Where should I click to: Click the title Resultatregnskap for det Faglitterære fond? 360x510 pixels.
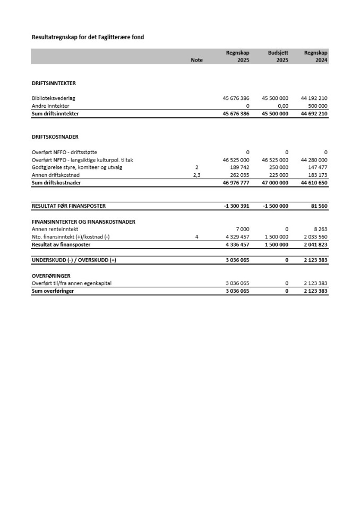click(88, 37)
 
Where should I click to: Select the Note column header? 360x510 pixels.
click(196, 61)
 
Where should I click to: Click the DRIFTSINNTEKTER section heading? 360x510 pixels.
click(54, 83)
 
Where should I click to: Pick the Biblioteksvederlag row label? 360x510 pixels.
click(57, 98)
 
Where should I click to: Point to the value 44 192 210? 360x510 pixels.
click(314, 98)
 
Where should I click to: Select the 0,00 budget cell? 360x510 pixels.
click(282, 106)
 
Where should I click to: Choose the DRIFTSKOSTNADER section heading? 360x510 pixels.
click(55, 137)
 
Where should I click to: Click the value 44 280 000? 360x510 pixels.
click(314, 160)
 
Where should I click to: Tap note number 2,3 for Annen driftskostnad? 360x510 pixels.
click(196, 175)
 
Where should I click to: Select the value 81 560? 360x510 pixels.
click(319, 206)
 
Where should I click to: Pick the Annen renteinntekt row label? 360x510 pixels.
click(55, 229)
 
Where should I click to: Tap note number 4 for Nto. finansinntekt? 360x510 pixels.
click(196, 236)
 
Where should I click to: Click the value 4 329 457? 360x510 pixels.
click(235, 236)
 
